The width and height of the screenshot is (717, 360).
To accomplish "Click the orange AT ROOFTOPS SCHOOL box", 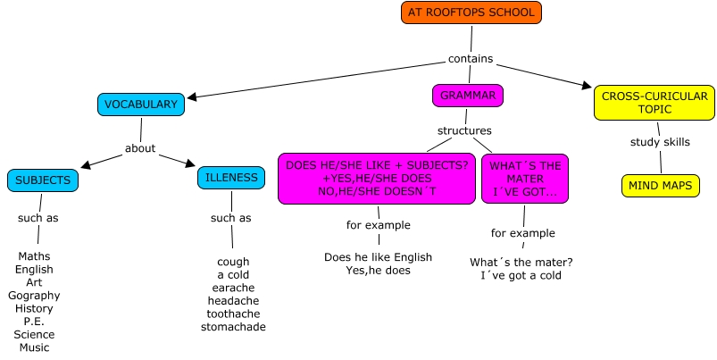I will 471,13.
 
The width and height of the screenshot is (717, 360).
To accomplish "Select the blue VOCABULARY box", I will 141,105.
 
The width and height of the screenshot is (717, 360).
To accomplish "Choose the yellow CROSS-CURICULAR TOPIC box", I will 654,103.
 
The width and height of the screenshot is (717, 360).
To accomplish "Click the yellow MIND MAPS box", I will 660,186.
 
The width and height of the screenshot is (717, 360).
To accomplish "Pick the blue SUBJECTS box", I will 42,180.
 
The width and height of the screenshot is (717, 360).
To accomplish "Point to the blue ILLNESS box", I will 231,178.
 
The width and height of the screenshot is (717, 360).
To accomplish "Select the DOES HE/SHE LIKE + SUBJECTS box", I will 376,179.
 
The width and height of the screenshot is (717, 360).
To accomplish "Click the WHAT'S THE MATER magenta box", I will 524,179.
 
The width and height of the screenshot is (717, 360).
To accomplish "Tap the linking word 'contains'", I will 471,59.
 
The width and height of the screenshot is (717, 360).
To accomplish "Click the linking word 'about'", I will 140,148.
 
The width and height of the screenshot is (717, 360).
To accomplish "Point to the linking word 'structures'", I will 464,130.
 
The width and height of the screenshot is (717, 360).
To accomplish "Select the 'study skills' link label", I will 660,141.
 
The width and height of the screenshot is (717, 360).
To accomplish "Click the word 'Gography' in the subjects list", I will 34,296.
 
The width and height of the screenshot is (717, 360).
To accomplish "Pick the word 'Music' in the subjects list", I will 34,347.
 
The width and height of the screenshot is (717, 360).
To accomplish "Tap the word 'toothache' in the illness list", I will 233,314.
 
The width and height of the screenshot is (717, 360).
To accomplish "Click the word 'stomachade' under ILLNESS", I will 233,328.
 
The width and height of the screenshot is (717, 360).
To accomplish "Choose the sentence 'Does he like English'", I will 378,257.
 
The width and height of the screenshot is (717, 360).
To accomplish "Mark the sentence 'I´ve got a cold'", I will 521,276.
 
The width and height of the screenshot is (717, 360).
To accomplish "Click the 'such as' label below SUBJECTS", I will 38,218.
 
